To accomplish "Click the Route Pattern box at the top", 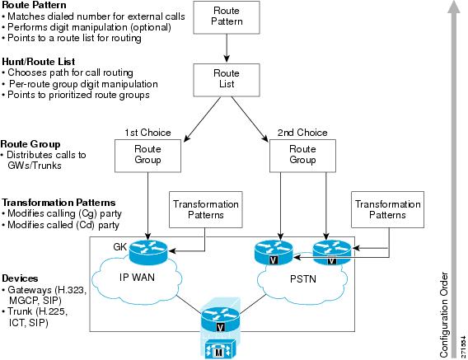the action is click(227, 17).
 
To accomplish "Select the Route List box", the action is click(227, 80).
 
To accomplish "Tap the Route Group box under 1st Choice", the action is click(147, 156).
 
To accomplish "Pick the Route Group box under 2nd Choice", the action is click(302, 156).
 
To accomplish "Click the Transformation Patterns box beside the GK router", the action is click(206, 209).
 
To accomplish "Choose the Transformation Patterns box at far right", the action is click(387, 209).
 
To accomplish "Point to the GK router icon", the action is click(148, 251).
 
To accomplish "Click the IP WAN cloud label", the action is click(137, 278).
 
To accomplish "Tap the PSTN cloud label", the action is click(303, 279).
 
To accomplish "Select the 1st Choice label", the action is click(147, 133).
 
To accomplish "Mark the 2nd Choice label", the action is click(302, 133).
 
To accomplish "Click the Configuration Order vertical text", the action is click(444, 315).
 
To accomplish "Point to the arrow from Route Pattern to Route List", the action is click(227, 48).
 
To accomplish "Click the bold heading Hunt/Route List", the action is click(39, 62).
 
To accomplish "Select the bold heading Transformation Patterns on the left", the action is click(58, 203).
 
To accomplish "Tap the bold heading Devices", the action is click(20, 278).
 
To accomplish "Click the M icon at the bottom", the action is click(219, 349).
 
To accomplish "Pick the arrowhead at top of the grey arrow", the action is click(454, 7).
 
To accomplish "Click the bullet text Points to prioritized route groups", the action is click(76, 95).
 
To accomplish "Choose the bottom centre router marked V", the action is click(220, 319).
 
